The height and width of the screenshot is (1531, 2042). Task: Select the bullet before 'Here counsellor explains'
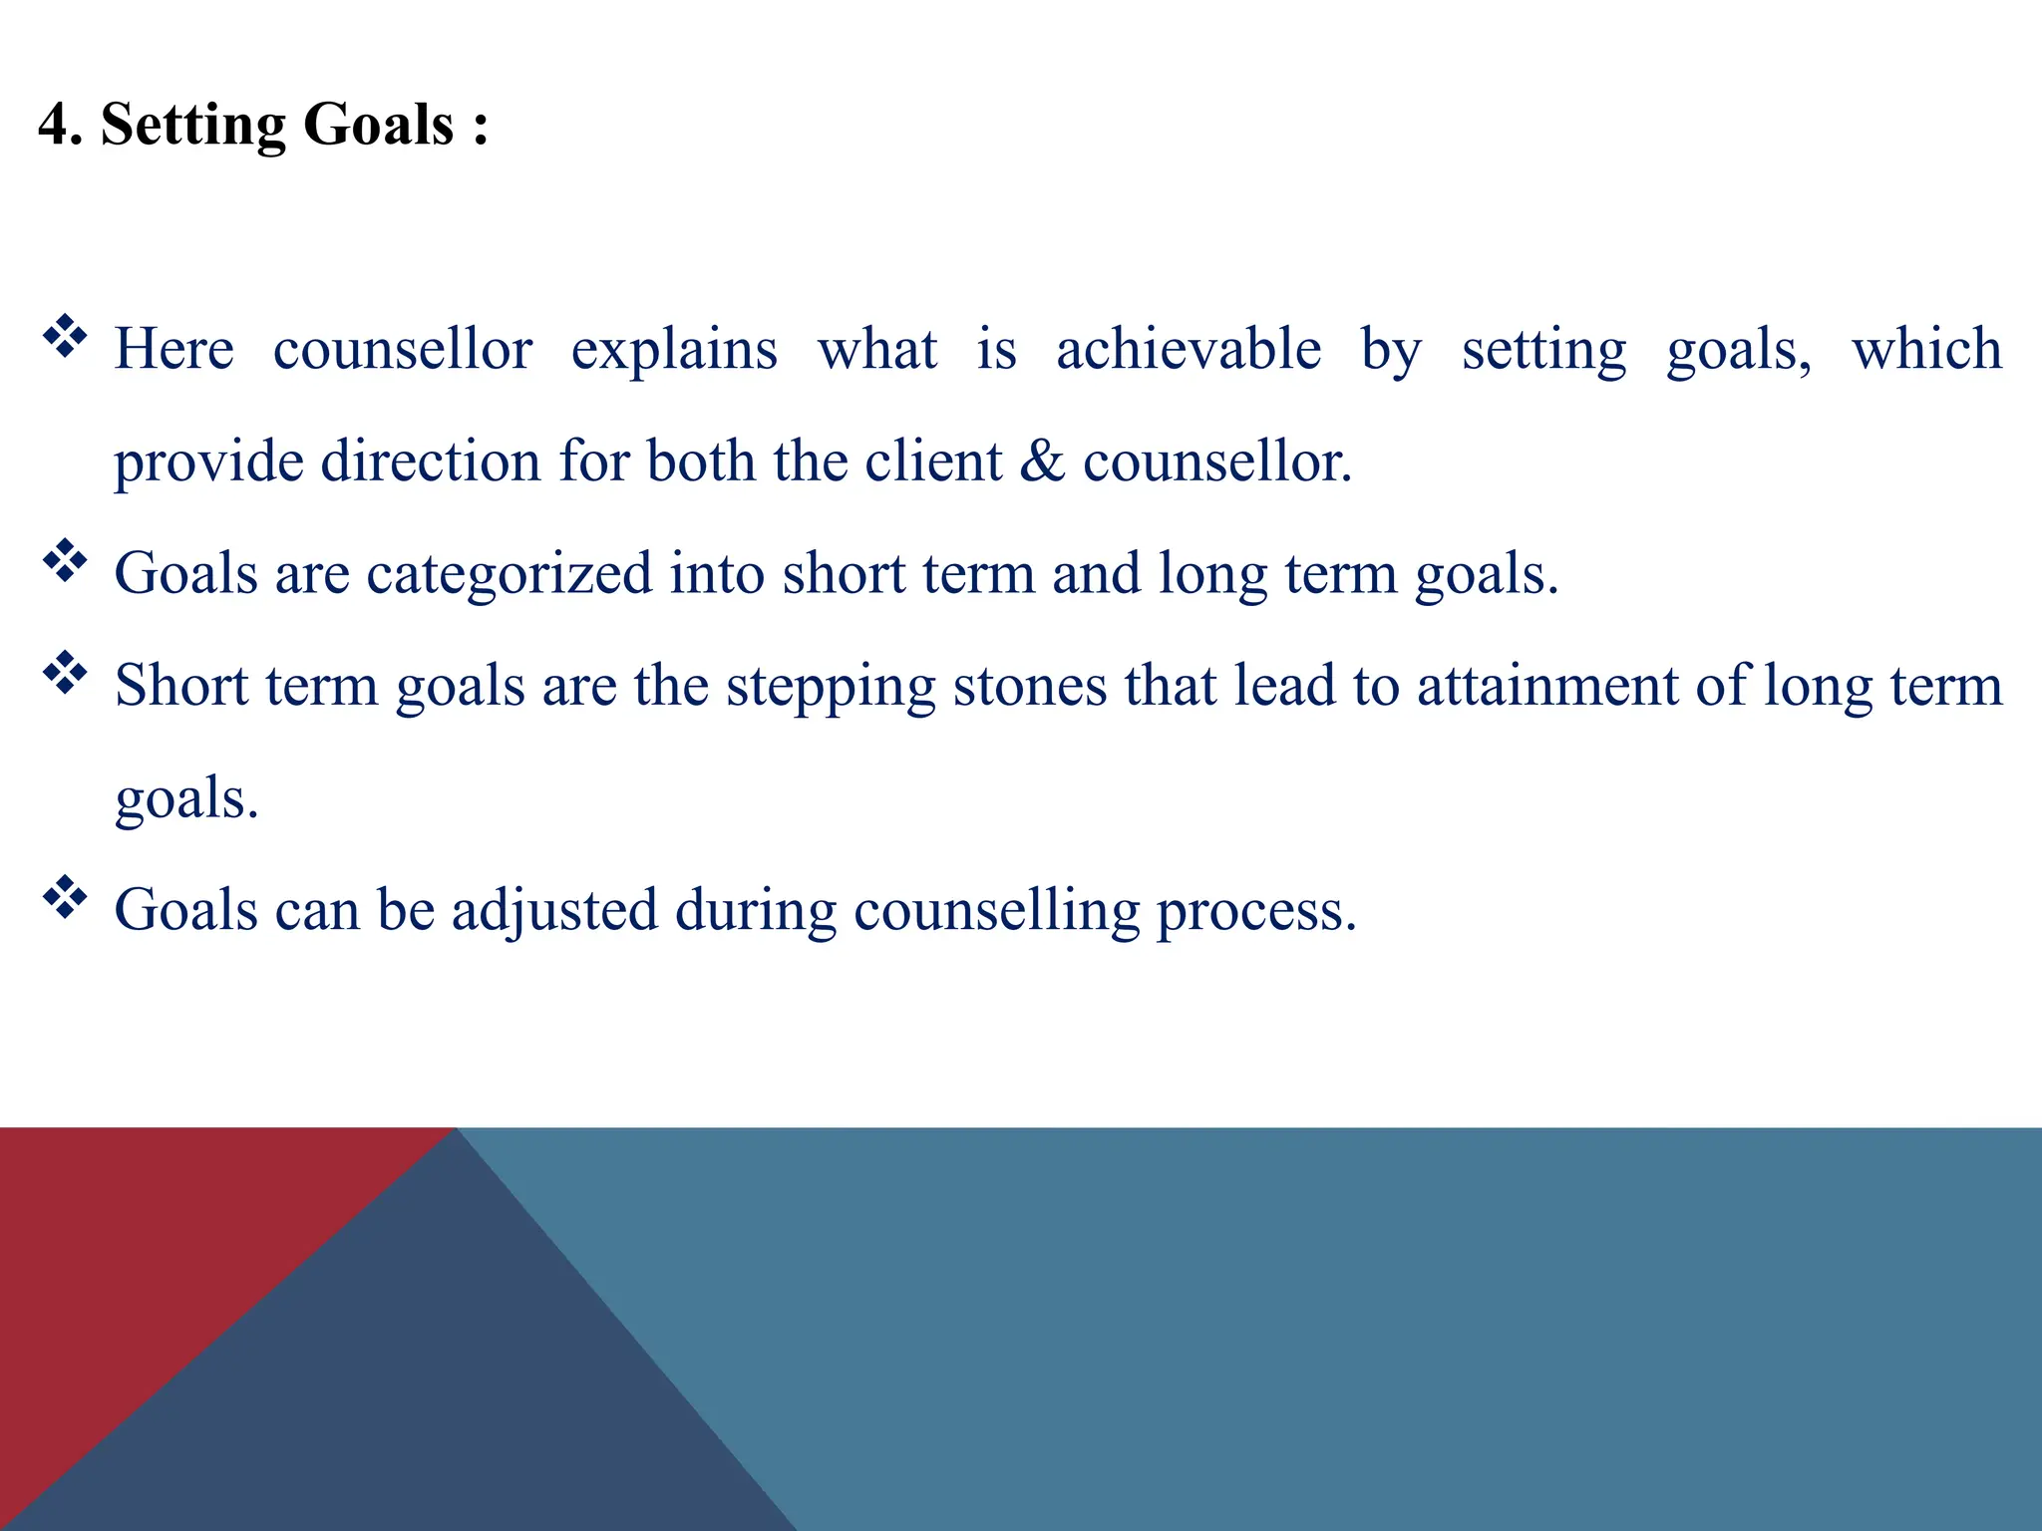coord(65,337)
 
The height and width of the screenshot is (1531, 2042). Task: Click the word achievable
coord(1189,349)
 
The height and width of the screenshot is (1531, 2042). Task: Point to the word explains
coord(673,351)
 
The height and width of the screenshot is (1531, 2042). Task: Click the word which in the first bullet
coord(1926,349)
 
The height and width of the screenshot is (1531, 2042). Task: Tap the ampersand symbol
coord(1042,461)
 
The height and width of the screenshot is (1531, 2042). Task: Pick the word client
coord(932,461)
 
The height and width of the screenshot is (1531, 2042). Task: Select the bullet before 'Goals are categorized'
coord(65,561)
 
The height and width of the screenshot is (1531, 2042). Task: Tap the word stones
coord(1029,686)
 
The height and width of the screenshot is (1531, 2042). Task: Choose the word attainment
coord(1547,686)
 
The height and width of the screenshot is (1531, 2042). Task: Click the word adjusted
coord(554,911)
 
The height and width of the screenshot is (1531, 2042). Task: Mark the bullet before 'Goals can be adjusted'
coord(65,897)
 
